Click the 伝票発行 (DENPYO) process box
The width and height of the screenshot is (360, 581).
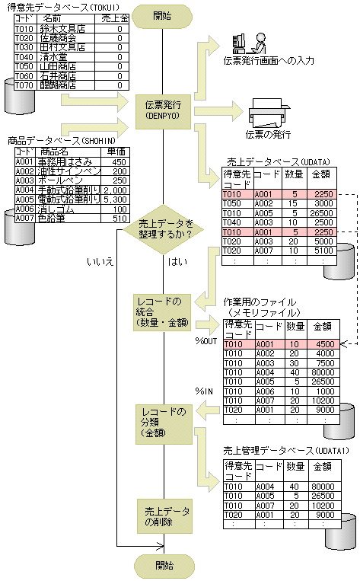(x=164, y=110)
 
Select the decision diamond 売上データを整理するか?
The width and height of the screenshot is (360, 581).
(x=165, y=228)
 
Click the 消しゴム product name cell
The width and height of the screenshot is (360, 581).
(x=64, y=208)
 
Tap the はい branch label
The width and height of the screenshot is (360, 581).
(x=173, y=262)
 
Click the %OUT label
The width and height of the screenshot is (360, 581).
(x=206, y=340)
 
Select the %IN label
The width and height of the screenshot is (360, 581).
(x=206, y=391)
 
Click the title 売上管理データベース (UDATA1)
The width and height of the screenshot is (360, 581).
(x=286, y=451)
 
